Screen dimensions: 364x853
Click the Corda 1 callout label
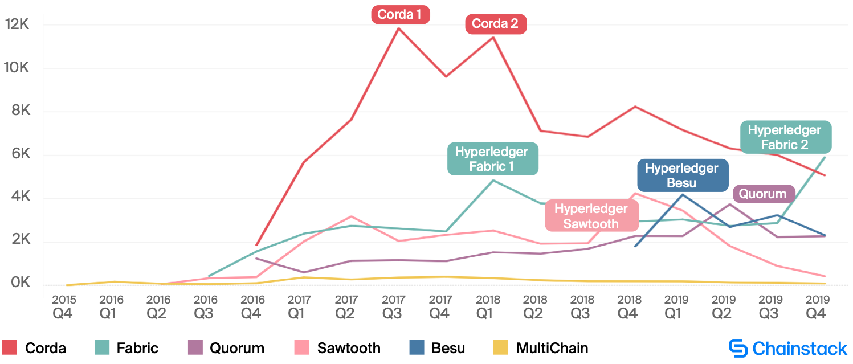point(400,15)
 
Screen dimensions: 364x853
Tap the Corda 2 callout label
point(496,24)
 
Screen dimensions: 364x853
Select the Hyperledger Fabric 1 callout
point(491,159)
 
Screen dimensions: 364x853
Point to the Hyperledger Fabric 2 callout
point(785,137)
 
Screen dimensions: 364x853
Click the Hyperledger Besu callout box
point(681,176)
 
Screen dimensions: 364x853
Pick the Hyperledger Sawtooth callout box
point(591,216)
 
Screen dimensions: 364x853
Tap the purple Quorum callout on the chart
point(762,194)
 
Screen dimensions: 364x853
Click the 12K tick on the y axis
point(17,24)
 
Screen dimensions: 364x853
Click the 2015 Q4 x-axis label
point(63,306)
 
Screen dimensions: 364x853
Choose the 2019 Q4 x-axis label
point(818,306)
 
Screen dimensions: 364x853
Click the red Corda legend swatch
point(10,347)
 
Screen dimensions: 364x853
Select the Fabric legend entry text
point(137,348)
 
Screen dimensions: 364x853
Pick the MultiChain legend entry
point(552,348)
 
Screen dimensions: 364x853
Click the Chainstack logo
point(787,348)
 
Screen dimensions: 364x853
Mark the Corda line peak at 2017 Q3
point(398,28)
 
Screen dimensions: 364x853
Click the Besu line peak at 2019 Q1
point(681,195)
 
